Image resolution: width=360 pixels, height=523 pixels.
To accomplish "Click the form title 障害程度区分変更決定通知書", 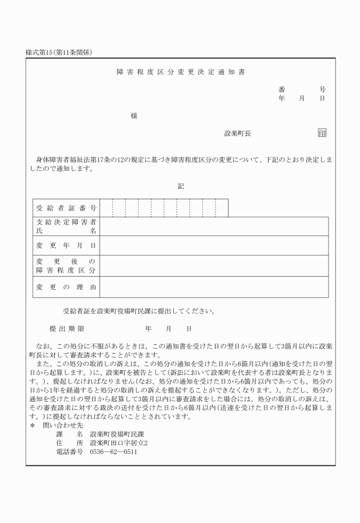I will [181, 73].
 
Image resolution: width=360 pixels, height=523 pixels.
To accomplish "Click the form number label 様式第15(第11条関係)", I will [59, 52].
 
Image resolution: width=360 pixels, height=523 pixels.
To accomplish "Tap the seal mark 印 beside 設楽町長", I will [322, 134].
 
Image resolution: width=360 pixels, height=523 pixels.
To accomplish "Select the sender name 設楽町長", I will [238, 134].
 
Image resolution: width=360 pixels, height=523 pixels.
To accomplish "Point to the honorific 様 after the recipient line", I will [134, 116].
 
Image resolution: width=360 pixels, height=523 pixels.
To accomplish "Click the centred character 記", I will [181, 186].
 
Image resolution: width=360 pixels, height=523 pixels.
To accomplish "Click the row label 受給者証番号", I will [66, 208].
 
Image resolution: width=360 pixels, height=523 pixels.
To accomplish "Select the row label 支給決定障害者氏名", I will [66, 226].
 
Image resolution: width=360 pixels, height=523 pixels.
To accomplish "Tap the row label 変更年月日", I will [66, 245].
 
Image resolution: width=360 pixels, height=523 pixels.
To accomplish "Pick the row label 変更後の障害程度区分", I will [66, 265].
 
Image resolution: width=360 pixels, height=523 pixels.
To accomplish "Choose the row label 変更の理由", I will [66, 286].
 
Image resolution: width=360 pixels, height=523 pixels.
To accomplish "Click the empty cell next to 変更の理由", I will [214, 286].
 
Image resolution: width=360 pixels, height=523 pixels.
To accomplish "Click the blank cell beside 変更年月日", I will [214, 245].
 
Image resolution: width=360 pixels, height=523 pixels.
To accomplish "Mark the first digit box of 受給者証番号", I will [106, 208].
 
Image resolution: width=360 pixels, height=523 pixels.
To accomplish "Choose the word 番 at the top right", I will [282, 90].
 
